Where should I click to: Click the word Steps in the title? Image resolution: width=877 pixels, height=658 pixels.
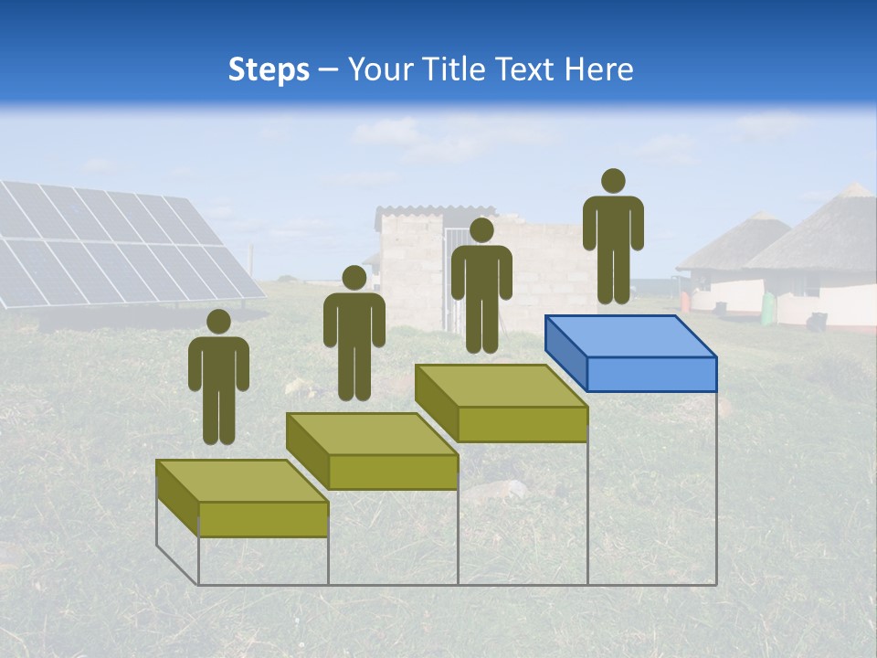269,69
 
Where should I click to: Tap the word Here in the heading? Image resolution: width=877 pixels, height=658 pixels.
599,69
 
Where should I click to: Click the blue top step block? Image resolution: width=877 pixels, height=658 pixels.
630,352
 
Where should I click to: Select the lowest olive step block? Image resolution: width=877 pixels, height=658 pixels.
242,498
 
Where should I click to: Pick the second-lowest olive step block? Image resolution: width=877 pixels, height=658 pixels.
372,451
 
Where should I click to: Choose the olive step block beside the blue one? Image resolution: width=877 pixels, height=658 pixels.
501,403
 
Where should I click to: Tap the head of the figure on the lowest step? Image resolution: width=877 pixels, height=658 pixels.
218,322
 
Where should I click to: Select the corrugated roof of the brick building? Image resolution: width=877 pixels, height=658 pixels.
429,212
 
